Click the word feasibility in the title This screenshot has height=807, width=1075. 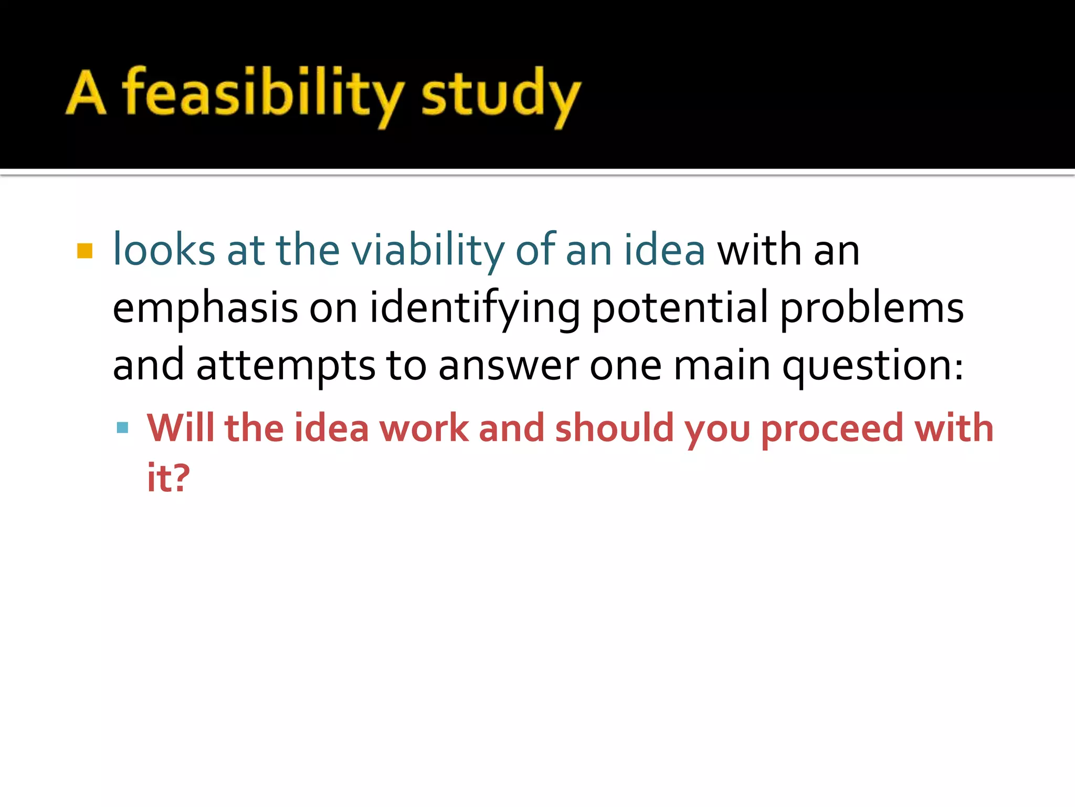(262, 95)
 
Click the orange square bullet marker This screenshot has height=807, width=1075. (85, 251)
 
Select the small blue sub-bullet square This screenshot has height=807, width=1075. (123, 427)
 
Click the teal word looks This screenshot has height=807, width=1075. (164, 250)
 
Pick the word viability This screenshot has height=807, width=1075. (427, 251)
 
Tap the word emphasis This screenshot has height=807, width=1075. (205, 309)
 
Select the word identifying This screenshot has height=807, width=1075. (475, 309)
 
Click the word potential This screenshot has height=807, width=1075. (680, 309)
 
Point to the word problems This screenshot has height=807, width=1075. (872, 309)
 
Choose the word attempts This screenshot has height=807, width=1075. (286, 366)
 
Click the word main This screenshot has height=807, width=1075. (722, 366)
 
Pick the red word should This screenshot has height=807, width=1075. (614, 428)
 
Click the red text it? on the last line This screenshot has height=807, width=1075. (168, 478)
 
